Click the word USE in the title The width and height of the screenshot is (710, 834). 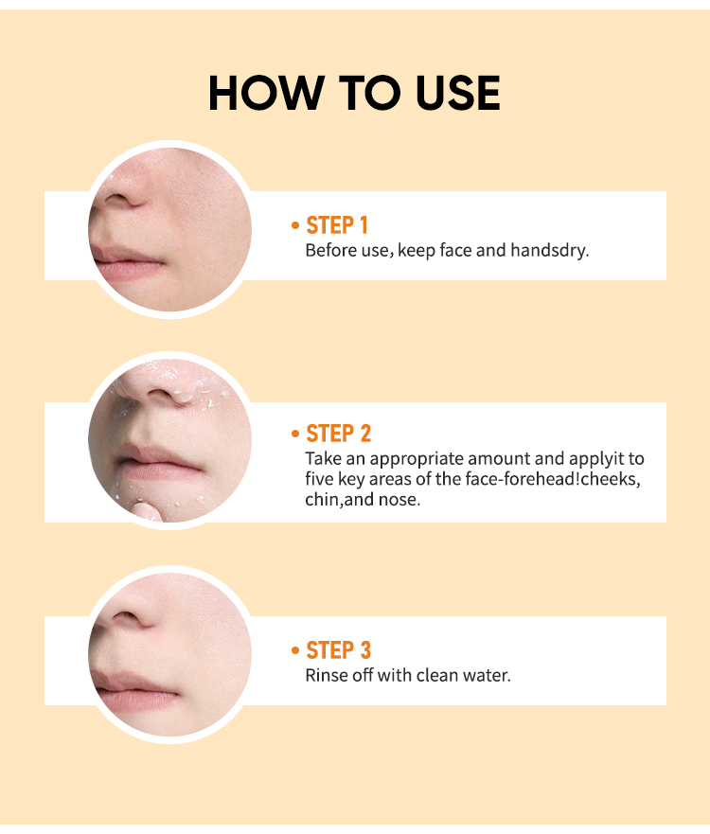[458, 93]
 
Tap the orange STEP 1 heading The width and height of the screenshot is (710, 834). [337, 225]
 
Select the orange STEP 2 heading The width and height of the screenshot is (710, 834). [338, 434]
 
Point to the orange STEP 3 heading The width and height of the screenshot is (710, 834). [338, 650]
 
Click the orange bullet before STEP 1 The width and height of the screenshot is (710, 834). [295, 225]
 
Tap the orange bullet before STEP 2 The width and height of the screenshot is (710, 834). [295, 434]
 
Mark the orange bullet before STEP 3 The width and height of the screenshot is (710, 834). [295, 650]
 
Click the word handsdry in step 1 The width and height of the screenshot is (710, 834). [549, 250]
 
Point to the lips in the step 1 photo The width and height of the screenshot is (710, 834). [128, 263]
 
